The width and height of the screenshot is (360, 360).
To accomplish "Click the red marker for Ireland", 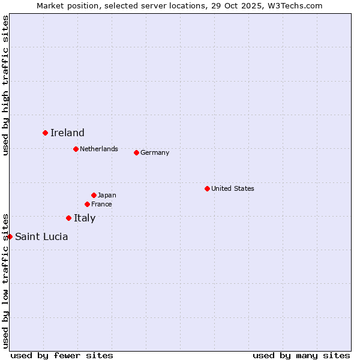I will tap(45, 133).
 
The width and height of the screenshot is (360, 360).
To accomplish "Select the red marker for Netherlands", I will tap(76, 149).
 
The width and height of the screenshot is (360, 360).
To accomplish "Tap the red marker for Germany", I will tap(136, 152).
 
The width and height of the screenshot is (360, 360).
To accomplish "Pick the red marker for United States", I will tap(207, 188).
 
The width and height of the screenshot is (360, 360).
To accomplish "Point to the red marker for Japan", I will tap(94, 195).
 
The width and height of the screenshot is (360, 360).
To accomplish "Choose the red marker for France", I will tap(87, 204).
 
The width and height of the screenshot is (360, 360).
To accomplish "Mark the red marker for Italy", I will tap(68, 218).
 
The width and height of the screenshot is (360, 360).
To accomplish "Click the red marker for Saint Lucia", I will tap(10, 236).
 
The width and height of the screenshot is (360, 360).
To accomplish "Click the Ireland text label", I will tap(67, 133).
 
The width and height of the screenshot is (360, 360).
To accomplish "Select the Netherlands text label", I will tap(99, 149).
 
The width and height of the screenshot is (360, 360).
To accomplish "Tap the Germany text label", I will tap(155, 152).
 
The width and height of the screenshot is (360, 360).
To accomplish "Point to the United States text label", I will tap(233, 188).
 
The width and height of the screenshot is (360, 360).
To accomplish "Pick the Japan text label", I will tap(107, 195).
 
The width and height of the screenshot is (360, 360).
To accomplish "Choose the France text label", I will tap(101, 204).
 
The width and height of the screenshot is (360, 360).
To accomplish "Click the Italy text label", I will tap(85, 218).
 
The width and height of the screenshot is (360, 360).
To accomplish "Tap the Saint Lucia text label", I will tap(41, 237).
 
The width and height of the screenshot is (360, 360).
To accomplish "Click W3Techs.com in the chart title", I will tap(295, 5).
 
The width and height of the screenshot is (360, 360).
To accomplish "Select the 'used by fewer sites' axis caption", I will tap(62, 355).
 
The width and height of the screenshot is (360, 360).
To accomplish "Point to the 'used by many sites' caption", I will tap(301, 355).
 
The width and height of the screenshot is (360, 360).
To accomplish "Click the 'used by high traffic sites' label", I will tap(5, 85).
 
